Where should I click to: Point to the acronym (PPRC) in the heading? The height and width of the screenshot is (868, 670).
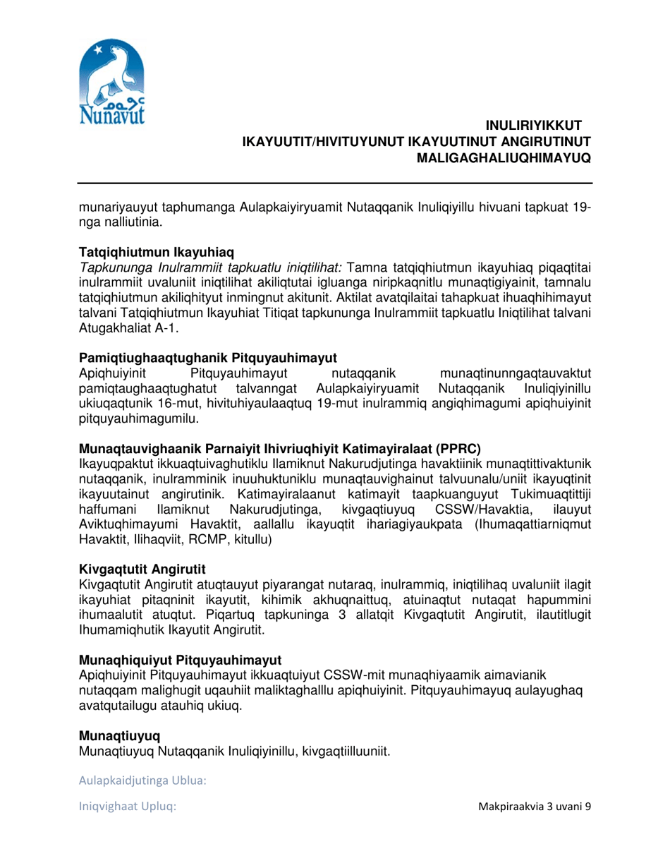458,448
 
